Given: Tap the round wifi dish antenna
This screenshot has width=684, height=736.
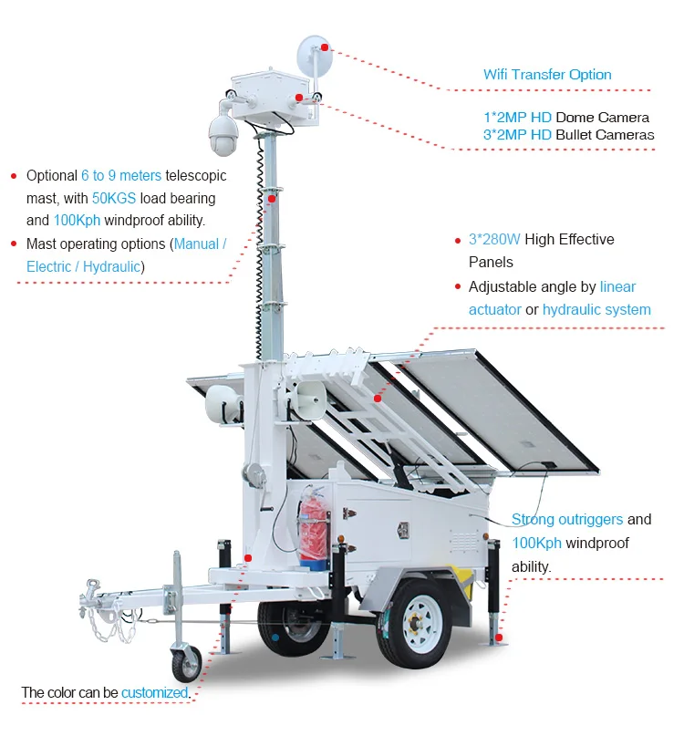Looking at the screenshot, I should (x=315, y=56).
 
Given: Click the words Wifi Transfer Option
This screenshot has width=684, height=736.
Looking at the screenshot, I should (x=547, y=75).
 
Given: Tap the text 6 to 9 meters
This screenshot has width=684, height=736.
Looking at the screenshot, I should (x=121, y=175).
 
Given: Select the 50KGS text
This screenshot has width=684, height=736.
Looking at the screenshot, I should (x=114, y=198).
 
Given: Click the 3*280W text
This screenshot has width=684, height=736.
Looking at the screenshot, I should (x=494, y=240).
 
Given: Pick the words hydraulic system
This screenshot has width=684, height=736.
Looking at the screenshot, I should (x=596, y=309).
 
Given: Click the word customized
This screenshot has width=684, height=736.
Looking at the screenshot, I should (x=154, y=692).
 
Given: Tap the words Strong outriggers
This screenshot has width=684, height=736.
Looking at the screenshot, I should (x=567, y=520).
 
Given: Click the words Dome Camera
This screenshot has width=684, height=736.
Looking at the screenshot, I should (x=602, y=118).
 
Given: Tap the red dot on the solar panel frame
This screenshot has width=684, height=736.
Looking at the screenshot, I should (x=378, y=398).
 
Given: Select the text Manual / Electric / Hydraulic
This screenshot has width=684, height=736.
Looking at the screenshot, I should (x=123, y=255).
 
